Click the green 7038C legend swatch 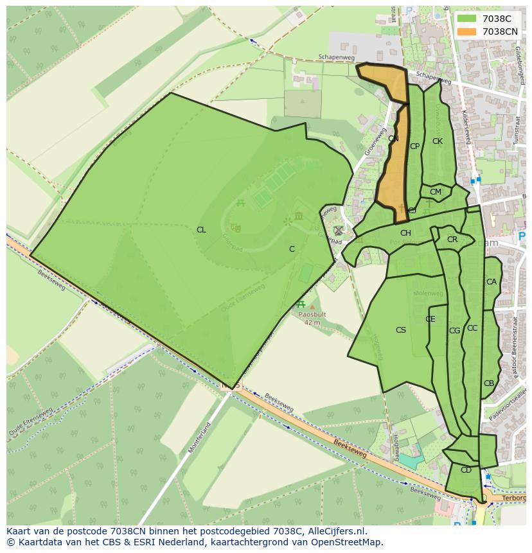[x=466, y=19]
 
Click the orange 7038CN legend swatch [x=466, y=31]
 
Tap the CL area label [x=201, y=230]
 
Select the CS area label [x=400, y=330]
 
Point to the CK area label [x=437, y=141]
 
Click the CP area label [x=414, y=146]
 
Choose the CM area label [x=436, y=192]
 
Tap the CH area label [x=405, y=233]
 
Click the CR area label [x=452, y=240]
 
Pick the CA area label [x=491, y=282]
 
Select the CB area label [x=488, y=383]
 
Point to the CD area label [x=466, y=470]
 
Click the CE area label [x=430, y=319]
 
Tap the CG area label [x=454, y=331]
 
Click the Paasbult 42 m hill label [x=312, y=319]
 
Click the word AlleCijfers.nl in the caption [x=330, y=531]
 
